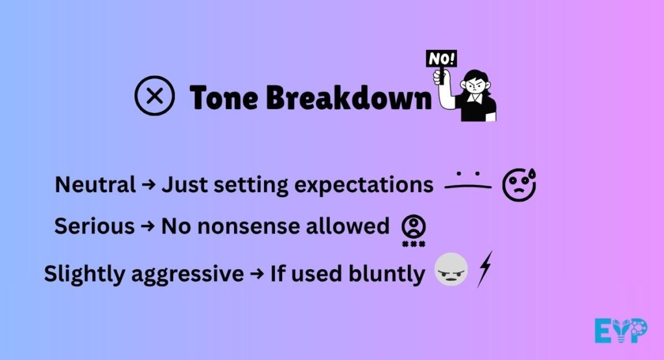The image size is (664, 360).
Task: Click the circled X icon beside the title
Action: pos(154,97)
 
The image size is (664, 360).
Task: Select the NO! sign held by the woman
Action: pos(442,58)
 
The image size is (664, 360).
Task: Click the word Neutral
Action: pos(95,185)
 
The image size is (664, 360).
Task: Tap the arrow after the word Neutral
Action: pos(148,186)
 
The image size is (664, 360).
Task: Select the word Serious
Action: pos(93,226)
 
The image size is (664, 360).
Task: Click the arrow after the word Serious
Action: pos(148,226)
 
